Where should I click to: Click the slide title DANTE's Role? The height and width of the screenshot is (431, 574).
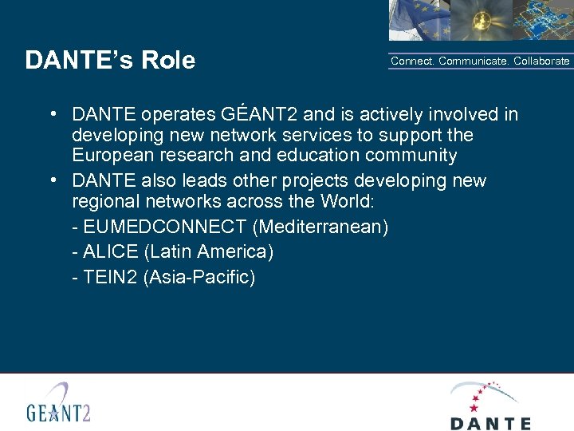[110, 61]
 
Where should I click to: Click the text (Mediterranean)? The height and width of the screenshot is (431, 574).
[320, 227]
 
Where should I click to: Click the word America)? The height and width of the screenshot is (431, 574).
[233, 252]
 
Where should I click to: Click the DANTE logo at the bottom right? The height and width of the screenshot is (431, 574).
[490, 405]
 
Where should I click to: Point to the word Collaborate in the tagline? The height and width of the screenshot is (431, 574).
[541, 61]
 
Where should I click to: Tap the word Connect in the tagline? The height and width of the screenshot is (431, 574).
[412, 61]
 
